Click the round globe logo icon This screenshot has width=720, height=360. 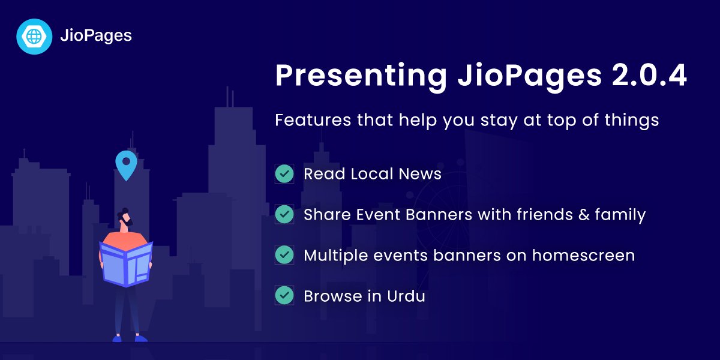pos(34,36)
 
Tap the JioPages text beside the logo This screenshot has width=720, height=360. pos(95,36)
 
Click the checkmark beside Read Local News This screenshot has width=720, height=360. pos(284,174)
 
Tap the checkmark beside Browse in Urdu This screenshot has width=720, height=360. pos(284,296)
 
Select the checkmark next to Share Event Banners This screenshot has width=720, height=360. pos(284,215)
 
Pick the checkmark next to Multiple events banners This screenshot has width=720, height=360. pos(284,255)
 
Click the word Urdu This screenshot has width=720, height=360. pos(406,296)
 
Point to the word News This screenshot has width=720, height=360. pos(421,174)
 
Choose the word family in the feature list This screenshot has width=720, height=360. pos(620,215)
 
